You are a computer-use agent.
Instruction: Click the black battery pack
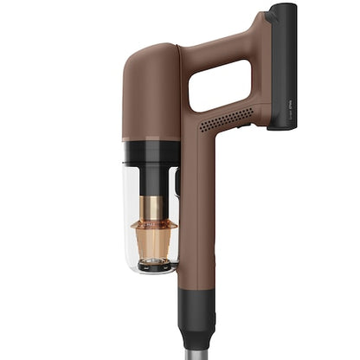(x=281, y=65)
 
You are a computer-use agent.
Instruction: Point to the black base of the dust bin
(x=154, y=267)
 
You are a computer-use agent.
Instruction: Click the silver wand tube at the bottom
(x=196, y=346)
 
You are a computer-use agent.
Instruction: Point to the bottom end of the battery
(x=282, y=125)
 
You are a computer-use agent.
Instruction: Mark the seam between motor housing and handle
(x=180, y=95)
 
